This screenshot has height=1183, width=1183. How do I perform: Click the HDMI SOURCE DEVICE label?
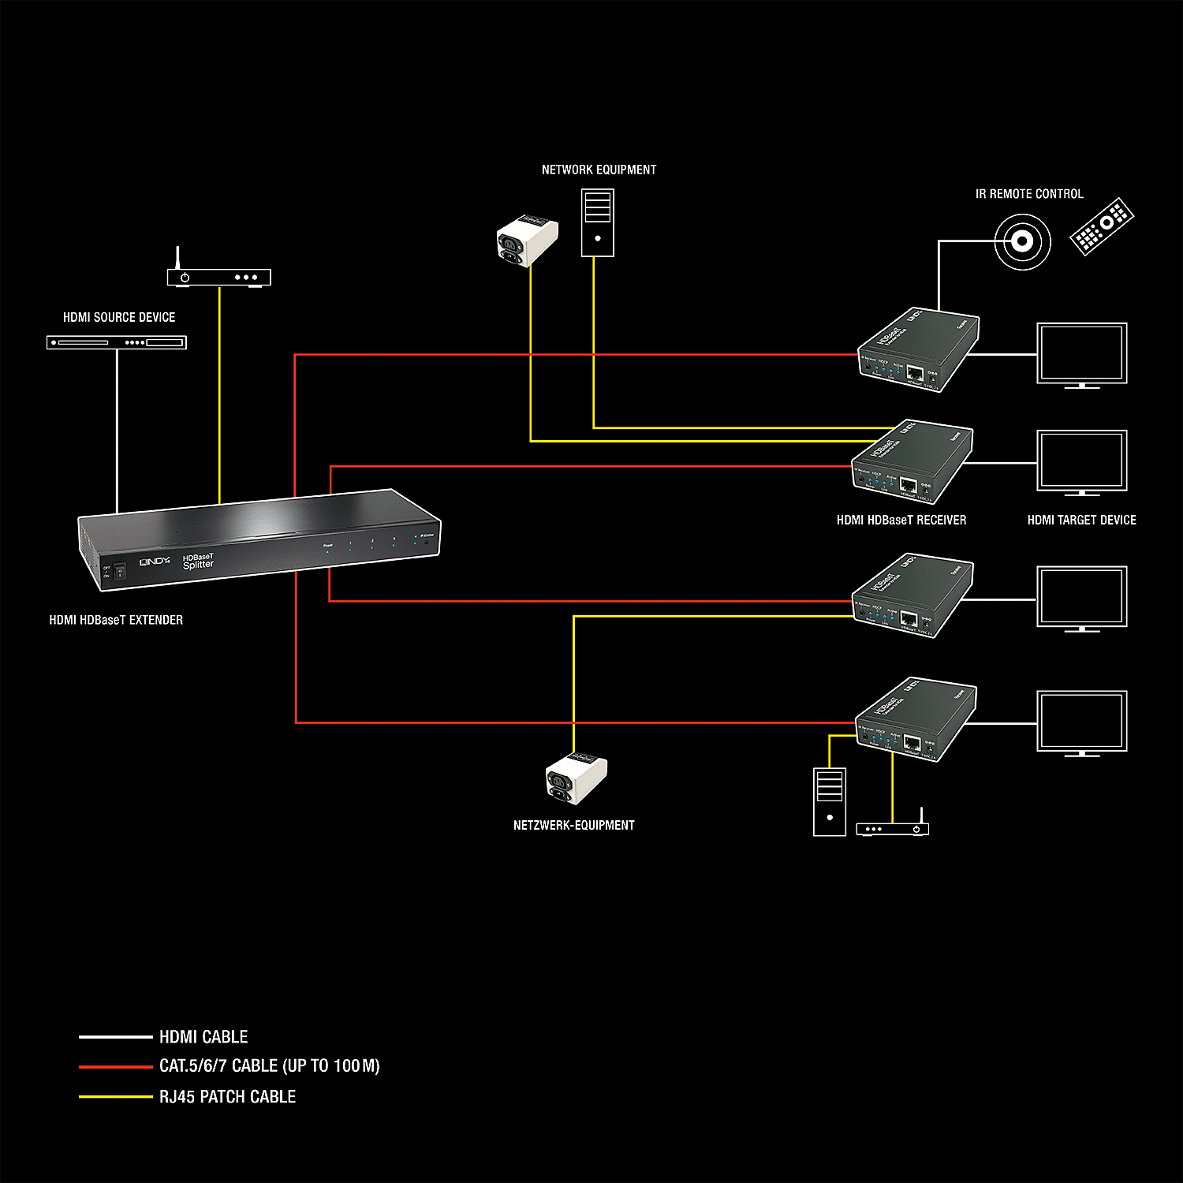click(x=119, y=317)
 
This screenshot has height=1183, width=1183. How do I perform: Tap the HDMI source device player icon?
click(x=117, y=342)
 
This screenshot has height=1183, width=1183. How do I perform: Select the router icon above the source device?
click(x=218, y=276)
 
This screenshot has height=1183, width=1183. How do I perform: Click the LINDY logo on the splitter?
click(x=154, y=562)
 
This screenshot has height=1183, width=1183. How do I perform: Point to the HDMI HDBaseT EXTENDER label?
click(x=116, y=620)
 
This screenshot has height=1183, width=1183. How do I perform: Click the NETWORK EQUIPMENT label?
click(x=599, y=170)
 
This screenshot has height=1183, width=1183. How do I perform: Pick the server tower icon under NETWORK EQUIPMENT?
click(x=597, y=222)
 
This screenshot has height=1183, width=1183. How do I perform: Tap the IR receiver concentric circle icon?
click(x=1022, y=241)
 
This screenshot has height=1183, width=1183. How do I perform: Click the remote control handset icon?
click(x=1102, y=226)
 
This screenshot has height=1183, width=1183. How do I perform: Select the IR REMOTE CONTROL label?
click(x=1029, y=194)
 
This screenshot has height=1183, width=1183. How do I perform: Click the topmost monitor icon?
click(x=1081, y=354)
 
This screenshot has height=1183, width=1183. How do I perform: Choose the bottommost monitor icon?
click(x=1081, y=722)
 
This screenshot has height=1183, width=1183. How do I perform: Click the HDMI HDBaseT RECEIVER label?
click(x=901, y=521)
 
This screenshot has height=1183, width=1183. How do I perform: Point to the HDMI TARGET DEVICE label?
click(x=1081, y=521)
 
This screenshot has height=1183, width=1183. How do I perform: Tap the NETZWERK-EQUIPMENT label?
click(x=573, y=825)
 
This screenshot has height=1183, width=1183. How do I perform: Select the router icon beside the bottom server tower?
click(x=893, y=827)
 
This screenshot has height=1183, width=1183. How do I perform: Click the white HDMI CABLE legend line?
click(x=115, y=1036)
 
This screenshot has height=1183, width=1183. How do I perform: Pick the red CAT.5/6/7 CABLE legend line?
click(x=115, y=1066)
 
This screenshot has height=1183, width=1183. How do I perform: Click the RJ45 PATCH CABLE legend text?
click(x=227, y=1096)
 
